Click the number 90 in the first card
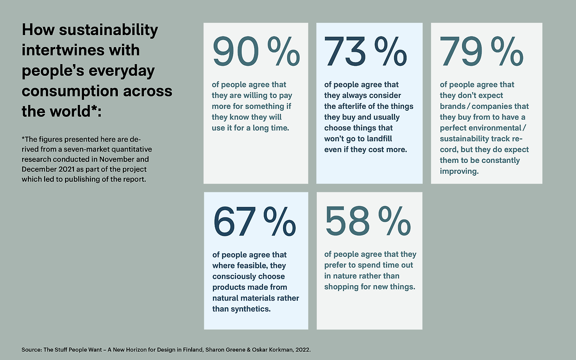235,52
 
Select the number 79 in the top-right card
462,52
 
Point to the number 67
234,222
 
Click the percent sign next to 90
283,52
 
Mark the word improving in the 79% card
459,171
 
